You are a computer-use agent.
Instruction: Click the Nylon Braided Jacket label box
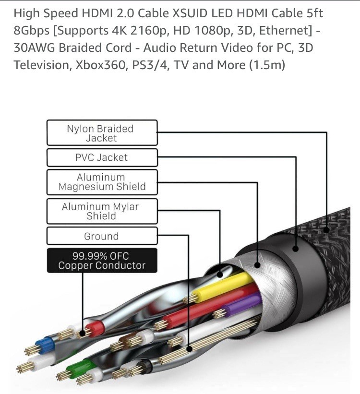coord(102,133)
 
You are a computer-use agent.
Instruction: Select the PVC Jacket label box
coord(102,157)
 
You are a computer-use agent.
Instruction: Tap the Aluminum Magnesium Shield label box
coord(102,182)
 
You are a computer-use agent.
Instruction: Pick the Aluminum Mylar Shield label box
coord(102,211)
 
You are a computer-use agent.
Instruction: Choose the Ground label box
coord(102,236)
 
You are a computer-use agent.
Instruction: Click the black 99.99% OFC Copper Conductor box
coord(102,261)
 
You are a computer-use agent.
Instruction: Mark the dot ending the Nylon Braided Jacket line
coord(327,229)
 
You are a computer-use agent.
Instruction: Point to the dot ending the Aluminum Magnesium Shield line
coord(258,264)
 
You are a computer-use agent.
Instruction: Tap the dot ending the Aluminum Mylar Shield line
coord(220,275)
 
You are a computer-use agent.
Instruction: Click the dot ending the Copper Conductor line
coord(83,332)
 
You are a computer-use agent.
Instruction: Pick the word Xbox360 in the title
coord(100,65)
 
